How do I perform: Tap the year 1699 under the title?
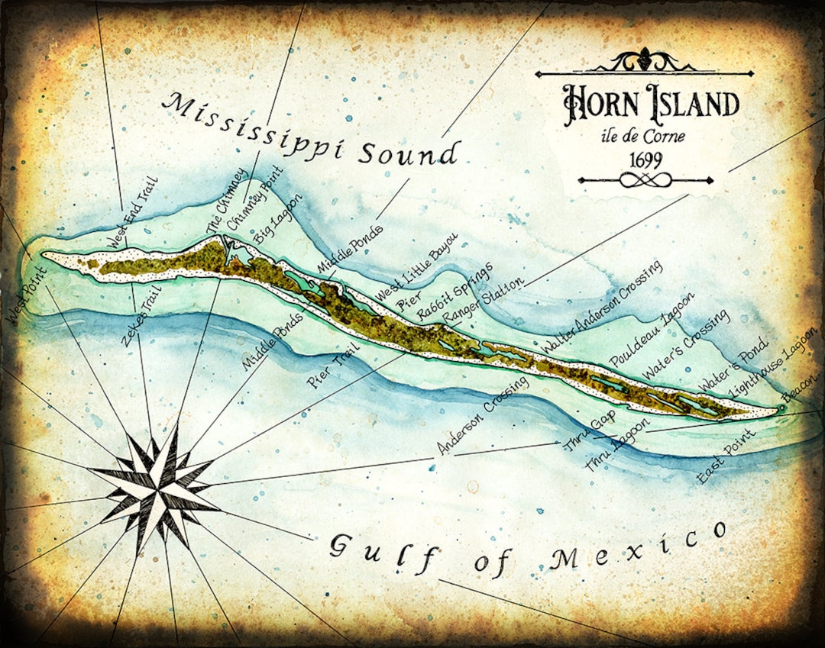(x=645, y=161)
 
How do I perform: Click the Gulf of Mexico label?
(x=527, y=551)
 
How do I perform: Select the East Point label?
(x=726, y=456)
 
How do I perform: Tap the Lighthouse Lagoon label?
(x=772, y=361)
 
